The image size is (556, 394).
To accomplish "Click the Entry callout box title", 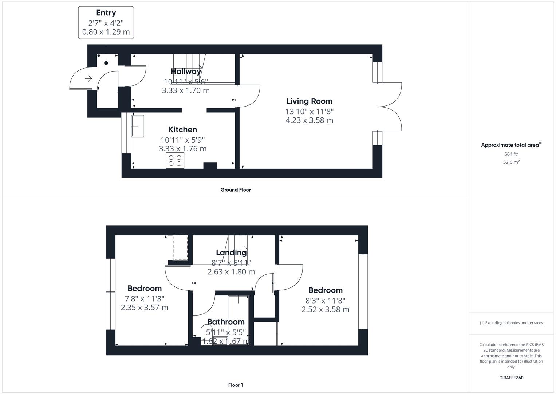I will (106, 13).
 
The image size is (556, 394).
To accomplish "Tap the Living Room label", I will (309, 101).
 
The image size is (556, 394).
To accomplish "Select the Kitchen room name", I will (182, 130).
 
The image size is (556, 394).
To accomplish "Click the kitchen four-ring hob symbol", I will (175, 161).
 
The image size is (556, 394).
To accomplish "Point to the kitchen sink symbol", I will (137, 126).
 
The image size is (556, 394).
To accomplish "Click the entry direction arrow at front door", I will (88, 78).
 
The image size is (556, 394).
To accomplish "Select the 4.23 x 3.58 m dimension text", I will (309, 120).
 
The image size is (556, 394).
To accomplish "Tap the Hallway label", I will (186, 71).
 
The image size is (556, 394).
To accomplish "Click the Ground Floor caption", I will (236, 190).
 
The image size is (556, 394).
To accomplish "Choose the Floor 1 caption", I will (236, 385).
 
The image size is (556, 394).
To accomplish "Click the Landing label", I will (231, 252).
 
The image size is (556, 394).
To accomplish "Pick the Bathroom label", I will (226, 322).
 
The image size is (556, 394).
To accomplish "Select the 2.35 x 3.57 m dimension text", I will (145, 308).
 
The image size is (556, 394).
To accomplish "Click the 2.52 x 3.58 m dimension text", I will (325, 309).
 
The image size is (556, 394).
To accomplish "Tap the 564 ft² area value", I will (511, 154).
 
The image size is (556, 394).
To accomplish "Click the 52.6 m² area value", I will (511, 162).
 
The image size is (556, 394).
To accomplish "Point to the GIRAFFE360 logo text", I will (511, 378).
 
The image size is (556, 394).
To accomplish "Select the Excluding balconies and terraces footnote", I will (511, 323).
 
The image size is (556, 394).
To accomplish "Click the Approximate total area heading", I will (510, 145).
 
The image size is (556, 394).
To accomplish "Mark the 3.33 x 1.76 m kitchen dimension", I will (182, 149).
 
